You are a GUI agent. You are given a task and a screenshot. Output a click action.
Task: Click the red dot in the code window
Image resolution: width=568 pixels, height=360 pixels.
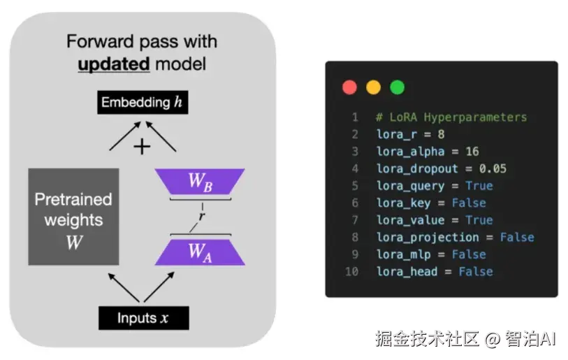coord(350,87)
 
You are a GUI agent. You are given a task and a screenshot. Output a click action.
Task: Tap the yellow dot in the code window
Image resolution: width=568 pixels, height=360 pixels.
coord(374,87)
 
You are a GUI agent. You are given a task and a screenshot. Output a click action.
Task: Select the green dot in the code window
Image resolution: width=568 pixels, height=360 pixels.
coord(397,87)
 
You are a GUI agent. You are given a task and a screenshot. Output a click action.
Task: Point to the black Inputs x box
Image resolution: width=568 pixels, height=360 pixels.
coord(143,318)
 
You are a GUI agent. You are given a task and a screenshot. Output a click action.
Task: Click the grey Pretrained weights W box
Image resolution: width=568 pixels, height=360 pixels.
coord(73,217)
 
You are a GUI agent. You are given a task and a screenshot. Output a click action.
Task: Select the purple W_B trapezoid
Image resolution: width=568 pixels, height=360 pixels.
coord(199,181)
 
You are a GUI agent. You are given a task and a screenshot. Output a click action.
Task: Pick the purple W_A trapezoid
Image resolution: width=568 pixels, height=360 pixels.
coord(199,252)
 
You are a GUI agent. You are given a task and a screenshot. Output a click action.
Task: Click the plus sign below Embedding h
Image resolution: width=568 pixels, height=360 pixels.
coord(143,146)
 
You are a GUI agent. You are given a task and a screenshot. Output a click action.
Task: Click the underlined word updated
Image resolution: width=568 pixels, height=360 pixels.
coord(114,64)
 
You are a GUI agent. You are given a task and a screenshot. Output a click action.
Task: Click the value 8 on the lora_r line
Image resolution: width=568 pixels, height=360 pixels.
coord(442,134)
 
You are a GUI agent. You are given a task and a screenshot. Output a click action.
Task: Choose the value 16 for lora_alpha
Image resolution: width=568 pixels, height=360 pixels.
coord(472,152)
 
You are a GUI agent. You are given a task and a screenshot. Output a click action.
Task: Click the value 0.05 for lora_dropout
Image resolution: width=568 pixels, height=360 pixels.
coord(493,168)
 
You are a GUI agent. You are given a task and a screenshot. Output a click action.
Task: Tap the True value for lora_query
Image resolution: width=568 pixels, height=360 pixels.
coord(479,186)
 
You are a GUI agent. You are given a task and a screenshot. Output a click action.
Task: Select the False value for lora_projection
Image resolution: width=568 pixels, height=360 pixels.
coord(517,237)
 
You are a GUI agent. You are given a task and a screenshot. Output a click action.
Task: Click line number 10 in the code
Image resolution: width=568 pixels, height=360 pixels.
coord(352,271)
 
